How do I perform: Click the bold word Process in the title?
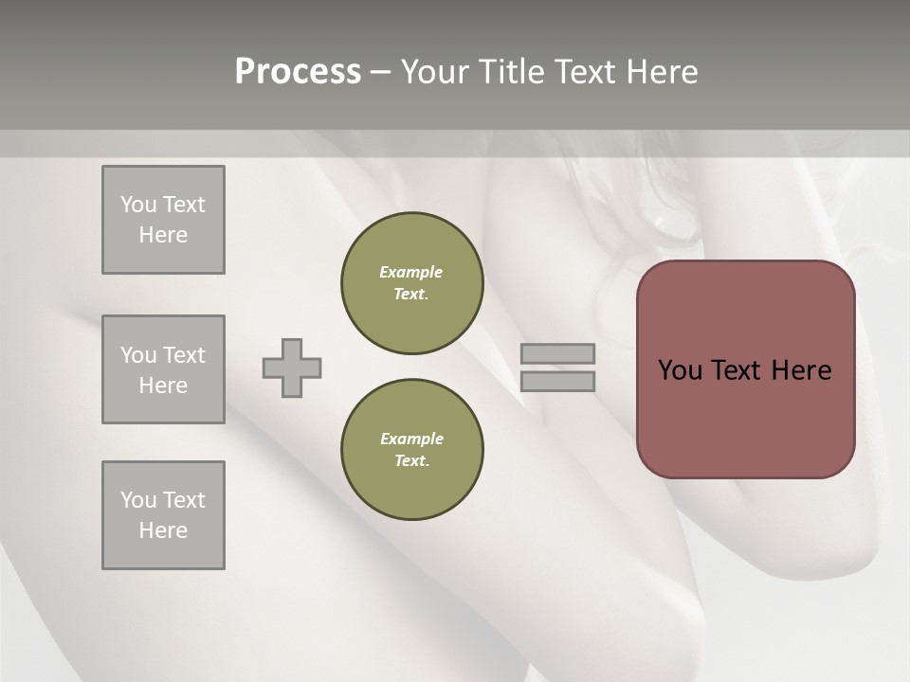298,72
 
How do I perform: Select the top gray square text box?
163,220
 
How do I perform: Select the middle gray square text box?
163,369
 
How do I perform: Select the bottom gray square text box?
163,515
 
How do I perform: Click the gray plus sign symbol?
292,368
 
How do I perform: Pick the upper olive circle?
411,283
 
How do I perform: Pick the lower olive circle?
411,450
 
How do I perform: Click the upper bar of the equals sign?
557,353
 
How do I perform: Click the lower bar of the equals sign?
557,381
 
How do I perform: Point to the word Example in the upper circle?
410,272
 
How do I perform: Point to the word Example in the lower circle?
411,439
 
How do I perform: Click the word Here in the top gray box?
163,235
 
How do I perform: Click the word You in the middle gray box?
137,355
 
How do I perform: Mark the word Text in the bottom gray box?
183,500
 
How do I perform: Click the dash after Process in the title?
380,72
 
